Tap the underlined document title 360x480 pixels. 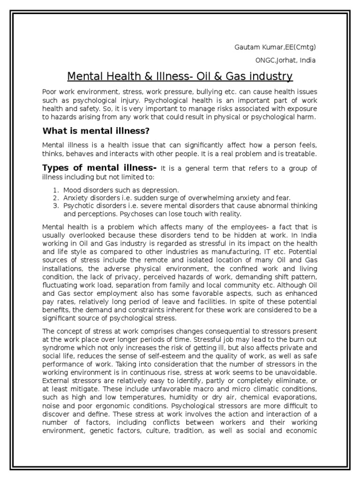click(180, 76)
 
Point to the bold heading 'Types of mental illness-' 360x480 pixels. click(99, 168)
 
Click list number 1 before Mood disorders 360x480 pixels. click(55, 190)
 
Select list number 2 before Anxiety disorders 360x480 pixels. click(55, 198)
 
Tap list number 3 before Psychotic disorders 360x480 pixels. click(55, 206)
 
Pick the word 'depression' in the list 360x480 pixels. click(161, 190)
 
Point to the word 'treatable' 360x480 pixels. click(300, 154)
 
